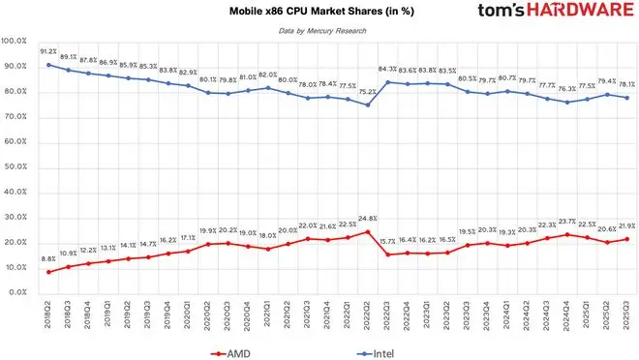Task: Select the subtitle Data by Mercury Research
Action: point(319,33)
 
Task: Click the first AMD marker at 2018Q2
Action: point(48,271)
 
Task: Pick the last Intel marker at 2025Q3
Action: point(628,98)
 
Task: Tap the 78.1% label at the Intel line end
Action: point(626,83)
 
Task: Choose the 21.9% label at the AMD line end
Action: point(626,225)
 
